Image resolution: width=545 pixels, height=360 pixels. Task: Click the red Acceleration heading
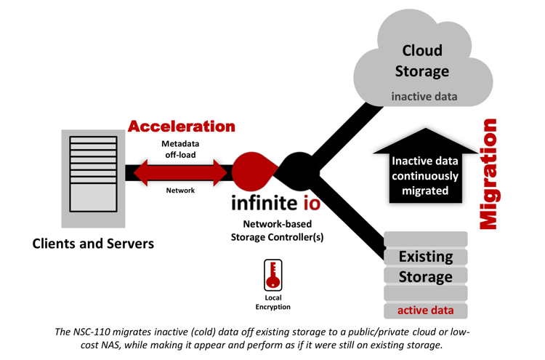tap(182, 126)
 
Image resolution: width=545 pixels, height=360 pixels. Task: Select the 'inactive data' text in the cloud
tap(425, 96)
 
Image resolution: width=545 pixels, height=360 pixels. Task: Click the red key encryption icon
tap(273, 275)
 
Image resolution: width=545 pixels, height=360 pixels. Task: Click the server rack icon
tap(93, 177)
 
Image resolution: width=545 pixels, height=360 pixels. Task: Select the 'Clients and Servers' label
tap(93, 244)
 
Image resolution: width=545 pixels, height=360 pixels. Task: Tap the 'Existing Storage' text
tap(425, 266)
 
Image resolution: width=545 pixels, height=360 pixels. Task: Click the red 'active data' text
tap(425, 311)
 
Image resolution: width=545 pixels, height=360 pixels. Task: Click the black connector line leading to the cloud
tap(342, 131)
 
